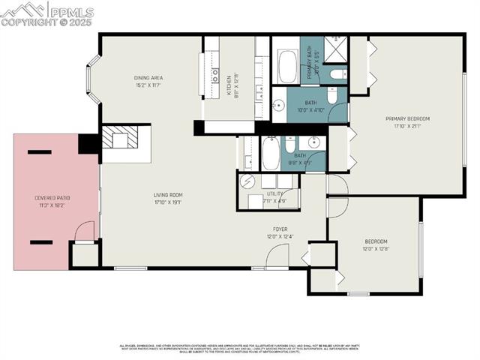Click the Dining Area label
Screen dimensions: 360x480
tap(148, 78)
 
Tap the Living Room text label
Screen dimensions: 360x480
tap(168, 194)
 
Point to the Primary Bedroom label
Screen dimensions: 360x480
tap(407, 118)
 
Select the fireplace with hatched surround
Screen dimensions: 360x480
tap(121, 139)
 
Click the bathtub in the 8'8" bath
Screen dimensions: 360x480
tap(270, 153)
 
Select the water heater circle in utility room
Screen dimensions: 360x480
tap(247, 181)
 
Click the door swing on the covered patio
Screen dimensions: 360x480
tap(85, 230)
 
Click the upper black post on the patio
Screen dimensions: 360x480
tap(39, 152)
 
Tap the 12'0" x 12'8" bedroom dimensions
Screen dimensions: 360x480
tap(376, 248)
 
